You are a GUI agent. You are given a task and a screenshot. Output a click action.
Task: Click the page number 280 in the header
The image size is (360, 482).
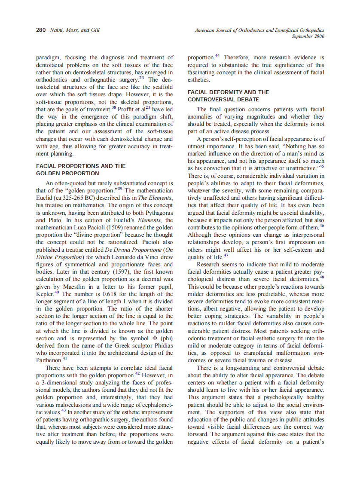coord(40,31)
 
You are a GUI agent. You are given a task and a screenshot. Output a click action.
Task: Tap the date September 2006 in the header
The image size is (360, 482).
coord(308,37)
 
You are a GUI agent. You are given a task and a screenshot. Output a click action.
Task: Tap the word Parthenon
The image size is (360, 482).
coord(47,361)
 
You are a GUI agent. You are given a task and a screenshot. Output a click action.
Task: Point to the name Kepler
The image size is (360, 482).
coord(45,294)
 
